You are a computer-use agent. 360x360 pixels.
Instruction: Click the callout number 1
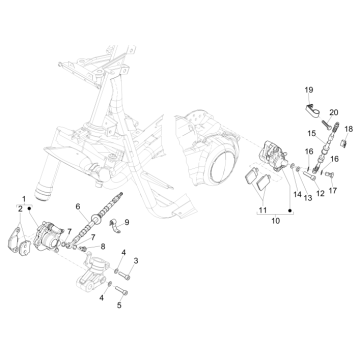[23, 197]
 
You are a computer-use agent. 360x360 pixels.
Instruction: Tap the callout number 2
[19, 208]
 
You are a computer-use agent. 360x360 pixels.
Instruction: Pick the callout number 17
[332, 187]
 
